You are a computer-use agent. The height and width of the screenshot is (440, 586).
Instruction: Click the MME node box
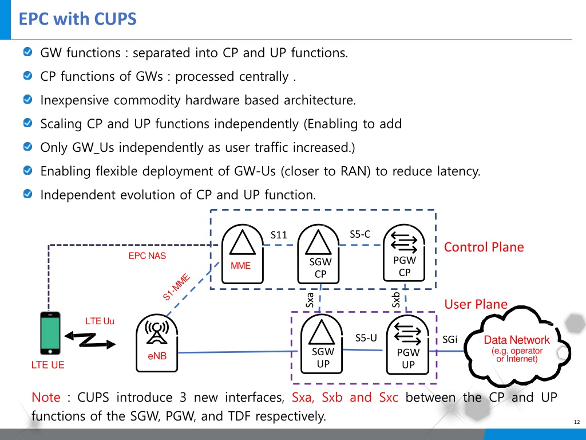point(243,254)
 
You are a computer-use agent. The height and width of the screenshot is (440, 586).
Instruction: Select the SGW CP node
point(318,254)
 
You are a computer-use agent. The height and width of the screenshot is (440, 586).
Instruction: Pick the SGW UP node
point(322,344)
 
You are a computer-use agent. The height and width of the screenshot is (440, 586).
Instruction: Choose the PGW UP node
point(407,344)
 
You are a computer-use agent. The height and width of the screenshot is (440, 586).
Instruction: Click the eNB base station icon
point(157,343)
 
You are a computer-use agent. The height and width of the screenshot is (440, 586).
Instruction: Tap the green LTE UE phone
point(50,333)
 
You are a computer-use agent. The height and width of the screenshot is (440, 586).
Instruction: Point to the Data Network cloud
point(517,347)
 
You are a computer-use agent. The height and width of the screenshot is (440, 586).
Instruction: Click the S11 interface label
point(279,235)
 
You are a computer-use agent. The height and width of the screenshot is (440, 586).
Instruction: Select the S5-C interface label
point(360,234)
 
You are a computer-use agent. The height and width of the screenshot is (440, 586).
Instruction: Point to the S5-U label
point(366,338)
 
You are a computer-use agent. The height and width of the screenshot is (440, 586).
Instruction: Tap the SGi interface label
point(450,339)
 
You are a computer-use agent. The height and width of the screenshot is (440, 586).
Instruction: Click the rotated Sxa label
point(310,300)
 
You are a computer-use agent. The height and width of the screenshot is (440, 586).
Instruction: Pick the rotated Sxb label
point(396,300)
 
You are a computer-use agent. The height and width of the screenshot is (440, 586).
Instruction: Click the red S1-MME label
point(176,287)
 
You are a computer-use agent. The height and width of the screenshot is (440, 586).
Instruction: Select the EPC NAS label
point(147,256)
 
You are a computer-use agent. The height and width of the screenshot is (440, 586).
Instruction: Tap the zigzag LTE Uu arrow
point(90,340)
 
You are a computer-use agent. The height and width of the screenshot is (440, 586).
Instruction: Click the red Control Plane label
point(484,247)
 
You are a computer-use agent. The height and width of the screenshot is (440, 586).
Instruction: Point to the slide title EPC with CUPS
point(78,19)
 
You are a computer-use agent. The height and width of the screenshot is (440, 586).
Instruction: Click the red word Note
point(46,397)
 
